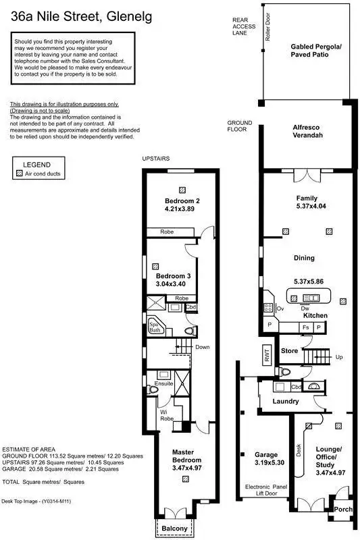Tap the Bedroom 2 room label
[x=182, y=200]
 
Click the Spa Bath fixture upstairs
[x=155, y=327]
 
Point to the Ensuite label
[x=164, y=383]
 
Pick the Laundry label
[x=286, y=402]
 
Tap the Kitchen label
[x=315, y=315]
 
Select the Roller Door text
[x=268, y=32]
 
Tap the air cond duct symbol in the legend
[x=19, y=173]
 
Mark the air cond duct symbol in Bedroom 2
[x=182, y=188]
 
